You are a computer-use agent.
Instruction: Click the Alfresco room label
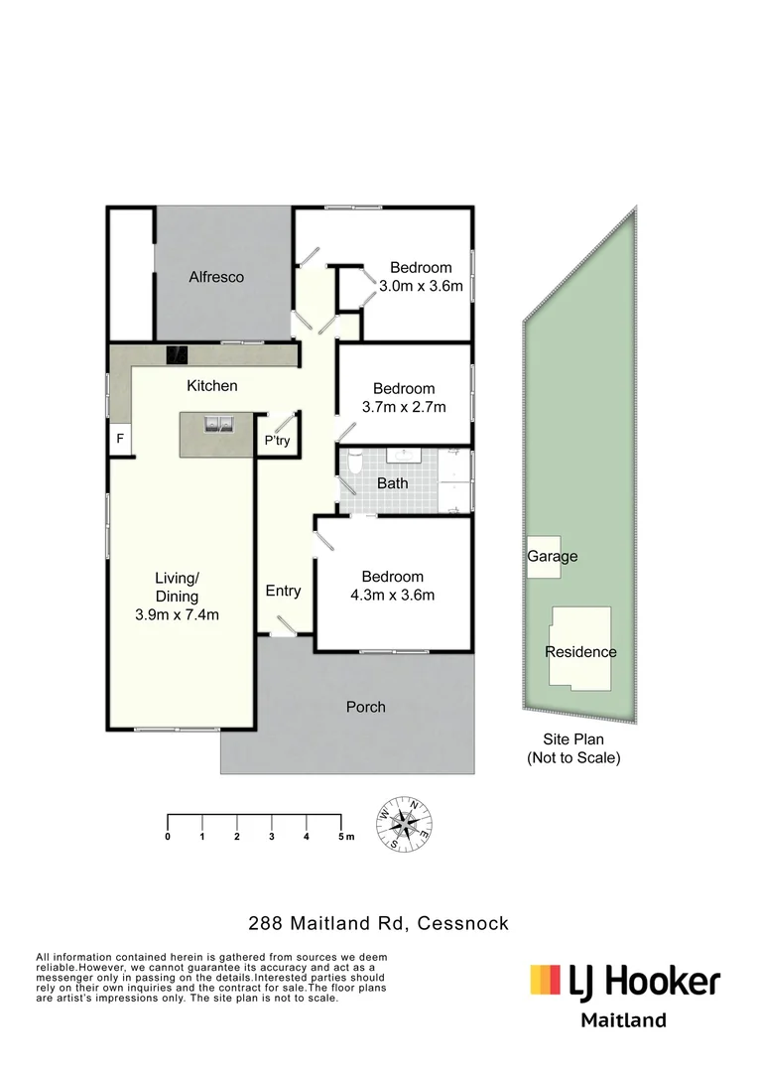(216, 277)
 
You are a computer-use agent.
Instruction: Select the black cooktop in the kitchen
(178, 354)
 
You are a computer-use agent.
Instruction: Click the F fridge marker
(121, 438)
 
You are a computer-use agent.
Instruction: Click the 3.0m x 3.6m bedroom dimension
(421, 286)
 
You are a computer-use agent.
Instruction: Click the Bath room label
(392, 483)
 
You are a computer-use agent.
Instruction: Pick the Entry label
(283, 591)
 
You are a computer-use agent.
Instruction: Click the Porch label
(365, 707)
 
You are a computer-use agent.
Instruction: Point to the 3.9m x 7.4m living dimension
(177, 614)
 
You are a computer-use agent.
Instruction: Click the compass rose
(404, 823)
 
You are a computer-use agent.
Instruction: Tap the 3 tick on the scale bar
(272, 837)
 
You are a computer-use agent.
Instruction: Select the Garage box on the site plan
(552, 557)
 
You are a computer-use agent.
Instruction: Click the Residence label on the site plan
(580, 652)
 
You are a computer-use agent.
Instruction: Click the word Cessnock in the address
(463, 923)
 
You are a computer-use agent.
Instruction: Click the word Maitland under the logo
(623, 1019)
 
